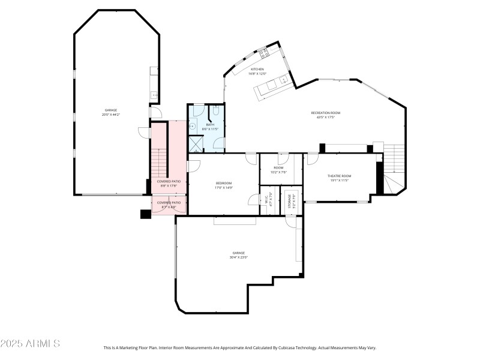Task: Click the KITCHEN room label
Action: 257,69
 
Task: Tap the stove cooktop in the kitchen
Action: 265,53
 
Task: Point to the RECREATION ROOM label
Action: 325,113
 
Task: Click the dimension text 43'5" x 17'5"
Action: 325,117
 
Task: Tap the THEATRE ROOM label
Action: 339,176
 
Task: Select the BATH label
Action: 210,125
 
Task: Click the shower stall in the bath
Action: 196,144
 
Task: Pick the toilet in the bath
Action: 216,110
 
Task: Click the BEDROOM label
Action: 223,183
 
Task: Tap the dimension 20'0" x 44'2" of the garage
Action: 111,114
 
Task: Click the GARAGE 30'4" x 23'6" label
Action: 238,257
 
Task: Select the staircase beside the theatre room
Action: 394,168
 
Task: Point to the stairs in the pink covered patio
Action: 158,162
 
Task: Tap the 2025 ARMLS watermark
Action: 30,344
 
